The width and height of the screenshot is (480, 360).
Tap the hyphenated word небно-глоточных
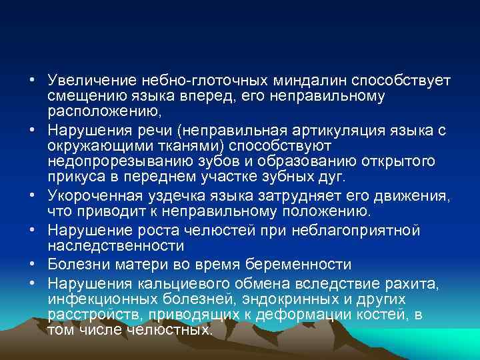point(201,81)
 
